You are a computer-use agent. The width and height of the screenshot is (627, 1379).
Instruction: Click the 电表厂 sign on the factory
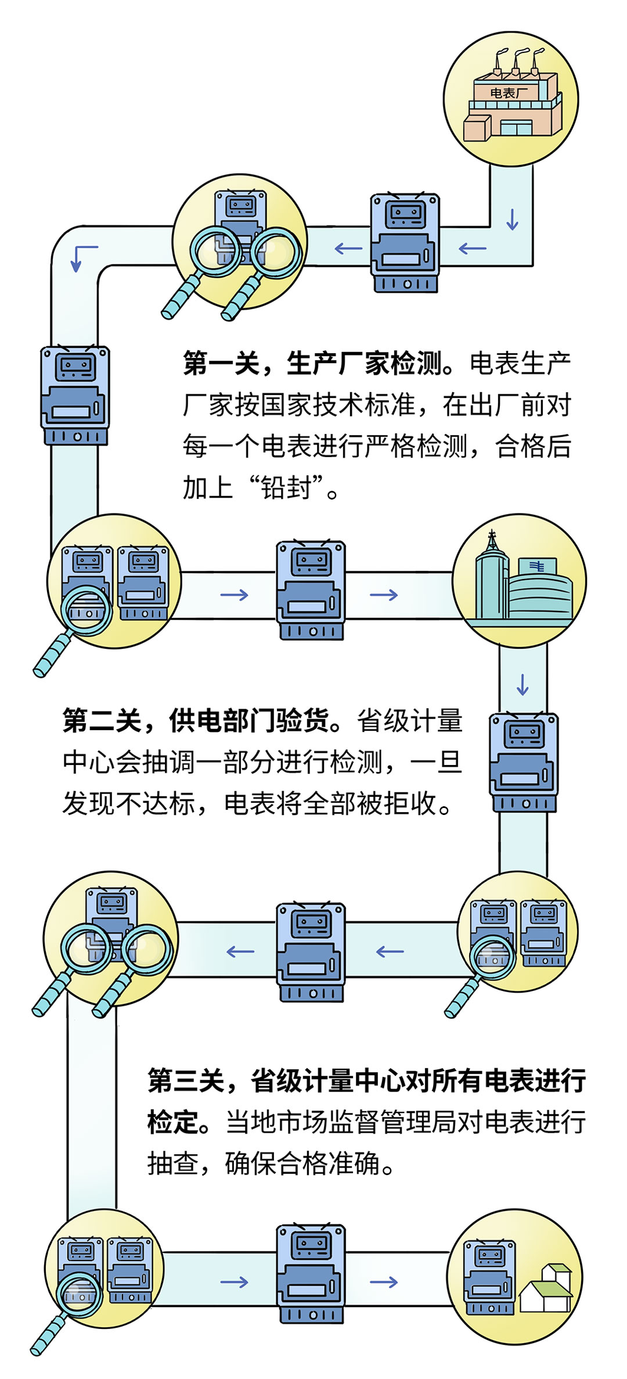(x=509, y=93)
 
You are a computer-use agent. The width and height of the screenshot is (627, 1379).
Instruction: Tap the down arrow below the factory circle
(x=512, y=219)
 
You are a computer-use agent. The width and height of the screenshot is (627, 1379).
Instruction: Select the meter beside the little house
(x=489, y=1278)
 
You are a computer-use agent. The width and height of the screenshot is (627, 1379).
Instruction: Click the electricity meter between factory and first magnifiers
(x=405, y=243)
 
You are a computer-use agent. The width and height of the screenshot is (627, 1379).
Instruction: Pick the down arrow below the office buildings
(x=522, y=685)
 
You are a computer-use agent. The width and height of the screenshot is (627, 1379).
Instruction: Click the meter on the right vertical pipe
(x=524, y=762)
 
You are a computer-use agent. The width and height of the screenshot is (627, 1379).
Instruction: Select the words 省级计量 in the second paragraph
(x=409, y=721)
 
